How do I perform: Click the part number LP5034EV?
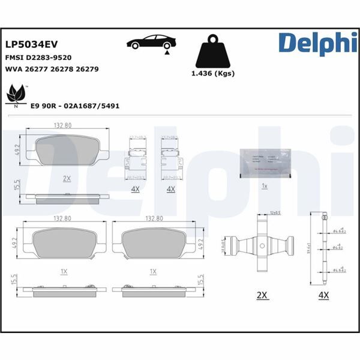pos(31,44)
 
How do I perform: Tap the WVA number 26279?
pos(88,69)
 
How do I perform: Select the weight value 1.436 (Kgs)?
pos(212,74)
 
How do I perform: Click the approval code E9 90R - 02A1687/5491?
pos(75,105)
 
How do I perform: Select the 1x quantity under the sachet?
pos(265,185)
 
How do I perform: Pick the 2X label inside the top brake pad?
pos(67,179)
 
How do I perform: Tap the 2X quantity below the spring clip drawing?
pos(262,296)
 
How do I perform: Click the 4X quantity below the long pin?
pos(325,296)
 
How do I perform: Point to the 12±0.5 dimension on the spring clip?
pos(275,213)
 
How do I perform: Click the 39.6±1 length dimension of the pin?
pos(308,248)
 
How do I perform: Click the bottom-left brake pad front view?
pos(64,244)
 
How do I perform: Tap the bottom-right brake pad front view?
pos(153,244)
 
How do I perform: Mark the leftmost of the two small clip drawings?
pos(137,158)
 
